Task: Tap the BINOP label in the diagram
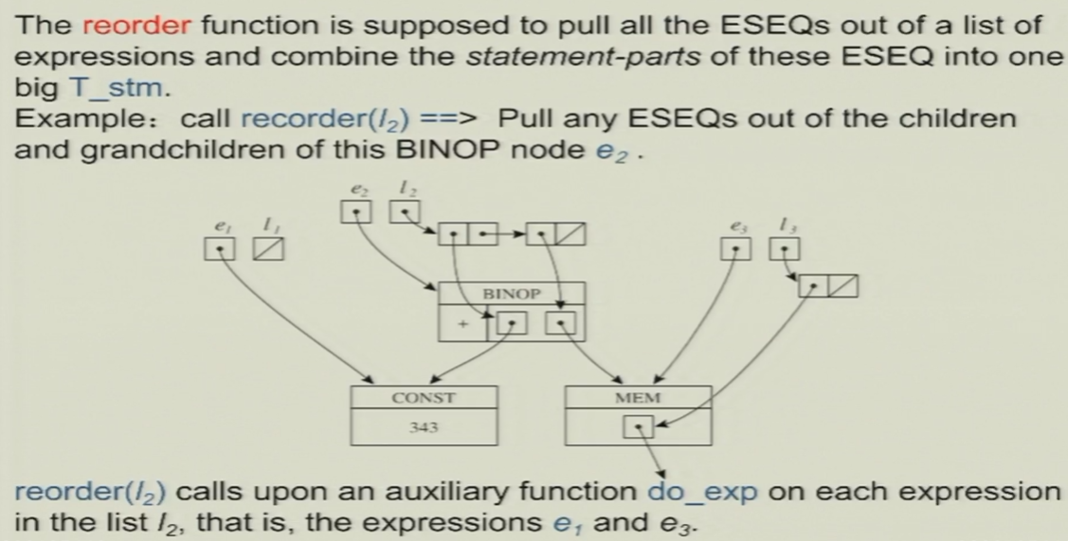(x=511, y=295)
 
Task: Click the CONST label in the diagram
(x=424, y=398)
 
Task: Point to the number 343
(x=424, y=427)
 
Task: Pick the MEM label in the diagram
(x=637, y=398)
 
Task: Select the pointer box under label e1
(x=218, y=248)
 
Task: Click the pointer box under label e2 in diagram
(x=354, y=211)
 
